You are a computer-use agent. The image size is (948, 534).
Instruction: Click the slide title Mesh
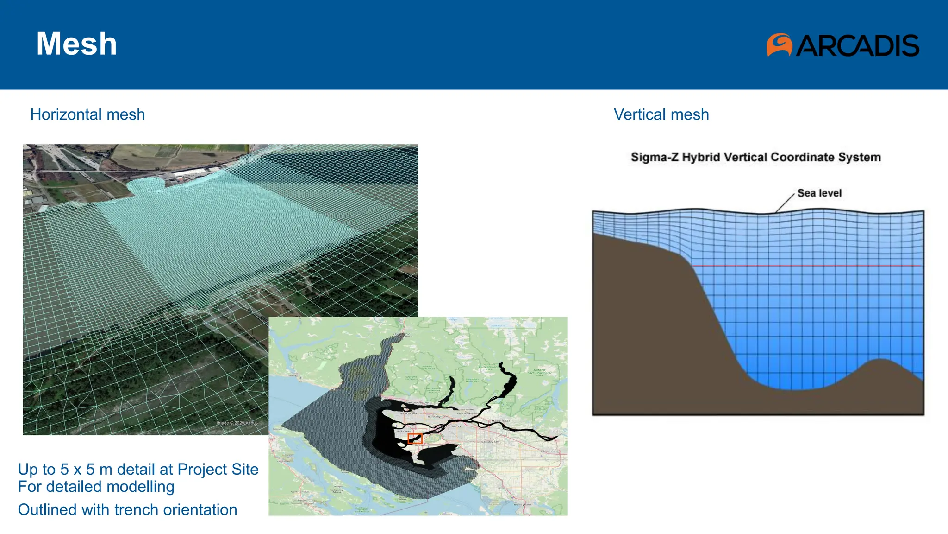pyautogui.click(x=76, y=44)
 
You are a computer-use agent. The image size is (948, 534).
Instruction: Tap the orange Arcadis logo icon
pyautogui.click(x=779, y=45)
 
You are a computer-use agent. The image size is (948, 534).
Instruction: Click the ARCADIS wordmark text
pyautogui.click(x=857, y=45)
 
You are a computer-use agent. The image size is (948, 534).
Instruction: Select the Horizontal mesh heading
pyautogui.click(x=87, y=114)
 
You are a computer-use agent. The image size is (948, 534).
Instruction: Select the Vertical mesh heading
pyautogui.click(x=661, y=114)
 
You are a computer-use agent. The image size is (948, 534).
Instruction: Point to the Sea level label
pyautogui.click(x=819, y=193)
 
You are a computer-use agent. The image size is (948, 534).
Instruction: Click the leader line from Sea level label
pyautogui.click(x=785, y=203)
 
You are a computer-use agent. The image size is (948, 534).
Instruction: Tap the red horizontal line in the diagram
pyautogui.click(x=805, y=266)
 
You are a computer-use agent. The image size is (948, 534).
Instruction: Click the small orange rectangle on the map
pyautogui.click(x=415, y=439)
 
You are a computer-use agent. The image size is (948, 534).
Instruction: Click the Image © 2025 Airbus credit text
pyautogui.click(x=237, y=423)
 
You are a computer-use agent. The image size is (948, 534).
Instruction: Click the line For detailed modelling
pyautogui.click(x=96, y=487)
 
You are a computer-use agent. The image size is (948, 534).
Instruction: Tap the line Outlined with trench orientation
pyautogui.click(x=127, y=510)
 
